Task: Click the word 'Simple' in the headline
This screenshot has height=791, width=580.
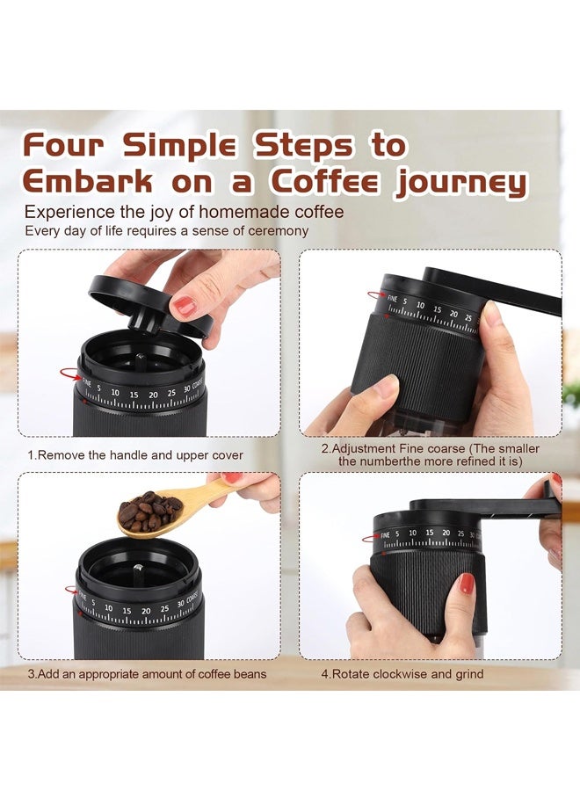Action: [x=180, y=145]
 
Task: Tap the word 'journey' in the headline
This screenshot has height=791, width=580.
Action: [x=461, y=184]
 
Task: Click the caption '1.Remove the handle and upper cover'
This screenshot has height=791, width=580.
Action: [x=135, y=455]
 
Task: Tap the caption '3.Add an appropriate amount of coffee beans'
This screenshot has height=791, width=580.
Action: [x=147, y=674]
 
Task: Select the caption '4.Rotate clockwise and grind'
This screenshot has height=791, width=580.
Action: [x=402, y=674]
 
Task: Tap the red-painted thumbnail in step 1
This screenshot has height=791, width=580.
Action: [x=184, y=306]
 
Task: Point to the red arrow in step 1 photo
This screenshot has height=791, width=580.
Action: [x=70, y=374]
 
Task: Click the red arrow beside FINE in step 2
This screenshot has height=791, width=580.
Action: [x=376, y=294]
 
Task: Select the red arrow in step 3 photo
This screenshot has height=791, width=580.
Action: [x=71, y=589]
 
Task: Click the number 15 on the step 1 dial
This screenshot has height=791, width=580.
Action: [x=134, y=395]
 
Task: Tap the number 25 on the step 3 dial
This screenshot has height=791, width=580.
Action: [x=165, y=609]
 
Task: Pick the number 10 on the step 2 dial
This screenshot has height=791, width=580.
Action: [x=420, y=305]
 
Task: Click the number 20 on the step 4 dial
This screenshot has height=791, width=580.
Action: [x=446, y=533]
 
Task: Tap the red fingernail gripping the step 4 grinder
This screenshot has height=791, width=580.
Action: [x=467, y=584]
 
